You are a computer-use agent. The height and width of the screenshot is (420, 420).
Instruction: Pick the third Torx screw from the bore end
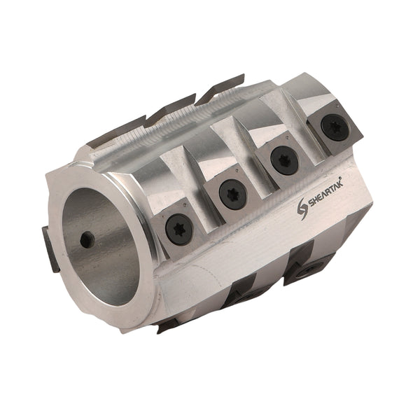[283, 159]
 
